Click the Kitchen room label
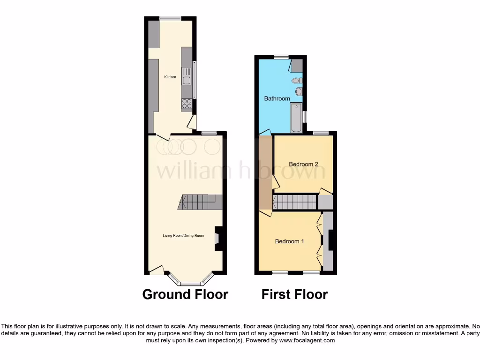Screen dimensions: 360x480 tap(170, 77)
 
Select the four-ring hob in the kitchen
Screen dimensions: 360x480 tap(187, 104)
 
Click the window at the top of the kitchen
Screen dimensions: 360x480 tap(170, 18)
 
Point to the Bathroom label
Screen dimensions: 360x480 tap(277, 99)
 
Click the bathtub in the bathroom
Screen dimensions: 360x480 tap(296, 118)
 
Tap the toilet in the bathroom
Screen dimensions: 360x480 tap(297, 81)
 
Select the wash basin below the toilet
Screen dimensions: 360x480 tap(299, 91)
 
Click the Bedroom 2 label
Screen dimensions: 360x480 tap(303, 164)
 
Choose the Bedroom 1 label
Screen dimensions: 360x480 tap(289, 241)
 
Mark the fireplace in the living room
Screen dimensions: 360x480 tap(218, 238)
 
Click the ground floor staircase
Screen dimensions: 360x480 tap(200, 202)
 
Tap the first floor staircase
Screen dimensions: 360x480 tap(295, 202)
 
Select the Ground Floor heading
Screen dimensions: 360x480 tap(185, 294)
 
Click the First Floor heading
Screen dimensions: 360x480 tap(294, 294)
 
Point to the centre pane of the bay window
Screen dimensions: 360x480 tap(190, 283)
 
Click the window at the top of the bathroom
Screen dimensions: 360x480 tap(281, 57)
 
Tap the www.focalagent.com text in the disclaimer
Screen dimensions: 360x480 tap(307, 341)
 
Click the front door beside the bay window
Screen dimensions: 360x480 tap(157, 270)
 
